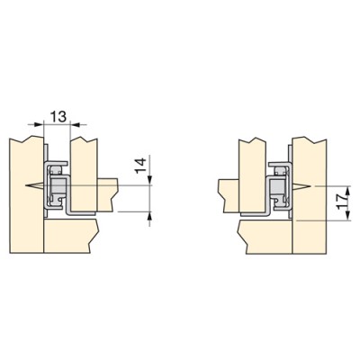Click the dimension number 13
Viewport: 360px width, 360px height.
click(x=58, y=116)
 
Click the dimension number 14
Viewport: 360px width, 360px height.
click(x=140, y=166)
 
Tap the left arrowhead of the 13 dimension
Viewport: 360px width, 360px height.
click(x=39, y=123)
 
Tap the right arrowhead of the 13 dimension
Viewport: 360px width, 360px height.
click(x=75, y=123)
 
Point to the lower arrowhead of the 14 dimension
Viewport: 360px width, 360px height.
click(x=149, y=216)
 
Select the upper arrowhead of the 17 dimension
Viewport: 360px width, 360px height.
click(x=347, y=191)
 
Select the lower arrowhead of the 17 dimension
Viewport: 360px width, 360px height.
click(x=347, y=216)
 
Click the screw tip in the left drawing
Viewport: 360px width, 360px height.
click(x=26, y=186)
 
